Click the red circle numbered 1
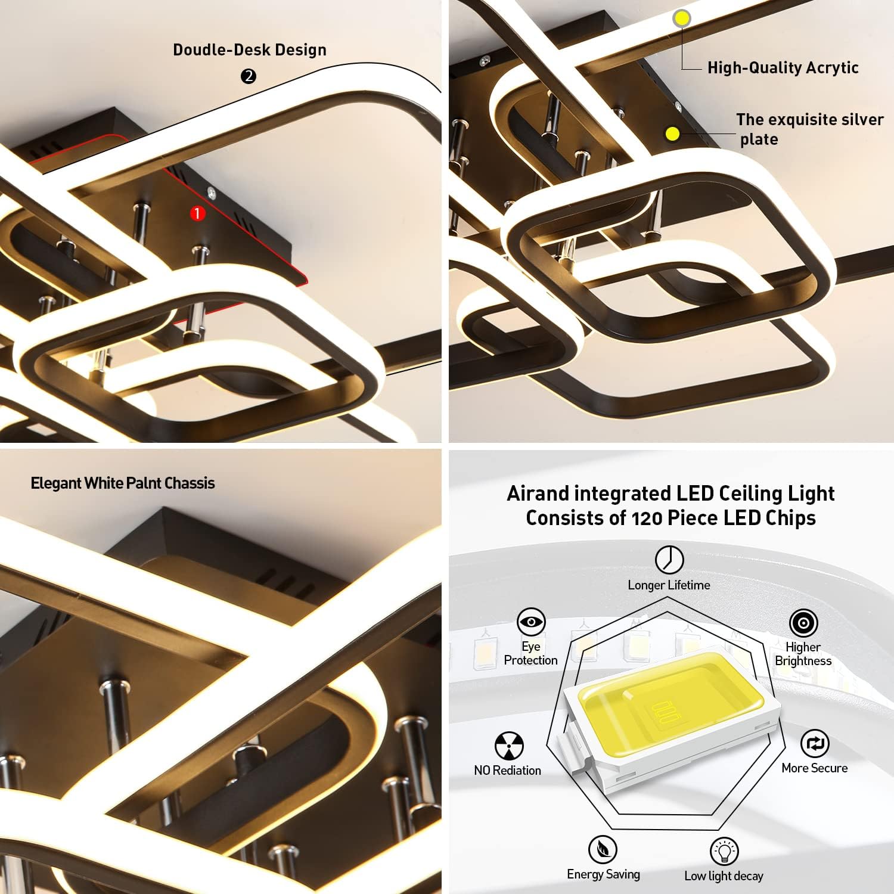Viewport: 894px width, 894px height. [197, 213]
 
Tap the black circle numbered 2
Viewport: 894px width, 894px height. [249, 76]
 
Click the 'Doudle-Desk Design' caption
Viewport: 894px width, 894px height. [250, 50]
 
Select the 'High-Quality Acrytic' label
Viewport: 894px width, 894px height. [783, 68]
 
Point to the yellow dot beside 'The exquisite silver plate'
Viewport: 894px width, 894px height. [672, 134]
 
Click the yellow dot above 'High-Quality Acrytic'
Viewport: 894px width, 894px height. [682, 18]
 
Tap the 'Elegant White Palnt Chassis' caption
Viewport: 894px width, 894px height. [123, 483]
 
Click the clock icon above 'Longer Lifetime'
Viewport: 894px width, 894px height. [669, 560]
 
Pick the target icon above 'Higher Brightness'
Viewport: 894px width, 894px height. [803, 623]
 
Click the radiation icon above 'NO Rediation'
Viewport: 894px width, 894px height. [509, 746]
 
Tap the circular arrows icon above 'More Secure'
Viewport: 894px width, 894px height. [814, 744]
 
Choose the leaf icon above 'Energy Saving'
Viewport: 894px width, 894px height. [603, 849]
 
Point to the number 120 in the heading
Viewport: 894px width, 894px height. [646, 518]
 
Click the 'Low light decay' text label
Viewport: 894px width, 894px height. [724, 876]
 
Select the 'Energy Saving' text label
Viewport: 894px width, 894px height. [603, 874]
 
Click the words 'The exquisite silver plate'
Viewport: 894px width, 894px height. [809, 129]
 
